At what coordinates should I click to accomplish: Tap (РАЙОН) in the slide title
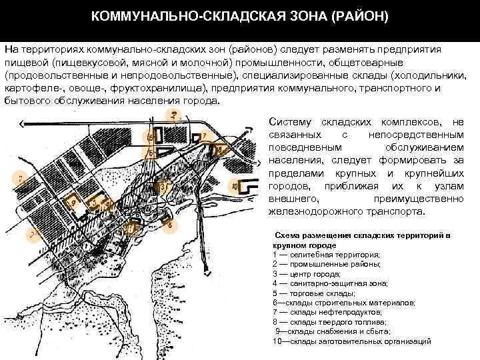[358, 15]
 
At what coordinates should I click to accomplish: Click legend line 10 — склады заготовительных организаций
[351, 341]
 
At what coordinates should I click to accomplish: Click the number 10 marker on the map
[235, 186]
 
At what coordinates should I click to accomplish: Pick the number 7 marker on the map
[203, 135]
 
